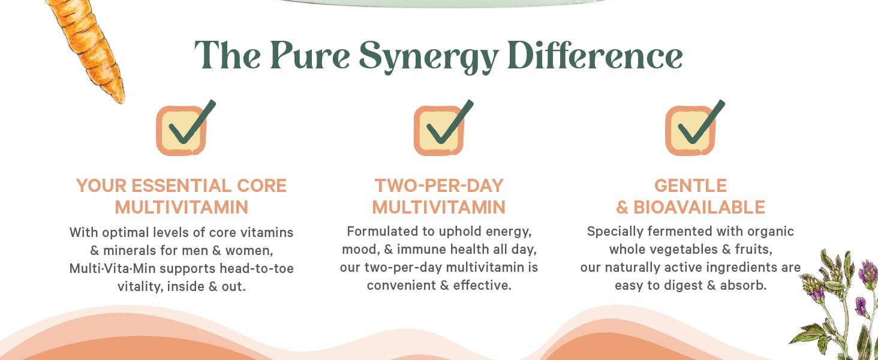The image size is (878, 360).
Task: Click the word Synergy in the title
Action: pos(428,57)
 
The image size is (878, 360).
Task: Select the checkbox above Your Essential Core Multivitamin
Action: pos(182,131)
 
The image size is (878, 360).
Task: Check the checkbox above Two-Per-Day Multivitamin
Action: pos(439,131)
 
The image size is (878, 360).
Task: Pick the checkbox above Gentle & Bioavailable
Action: pos(690,131)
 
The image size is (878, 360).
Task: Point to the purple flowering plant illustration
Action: pos(840,300)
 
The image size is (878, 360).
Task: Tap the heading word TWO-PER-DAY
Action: pos(439,185)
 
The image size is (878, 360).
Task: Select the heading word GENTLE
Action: pos(690,185)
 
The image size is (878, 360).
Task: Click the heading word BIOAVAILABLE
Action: pos(699,207)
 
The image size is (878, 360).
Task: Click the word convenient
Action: pos(401,286)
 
